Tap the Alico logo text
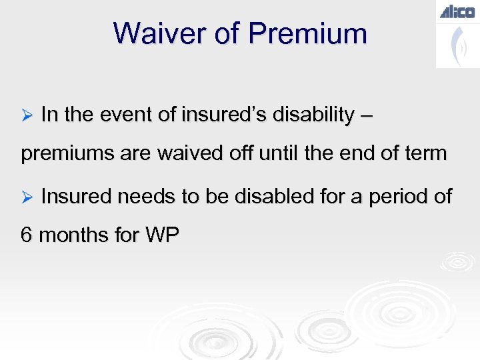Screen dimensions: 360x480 coord(457,11)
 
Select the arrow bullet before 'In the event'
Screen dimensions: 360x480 coord(27,115)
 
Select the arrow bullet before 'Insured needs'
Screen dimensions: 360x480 coord(27,197)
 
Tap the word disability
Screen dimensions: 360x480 coord(316,115)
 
